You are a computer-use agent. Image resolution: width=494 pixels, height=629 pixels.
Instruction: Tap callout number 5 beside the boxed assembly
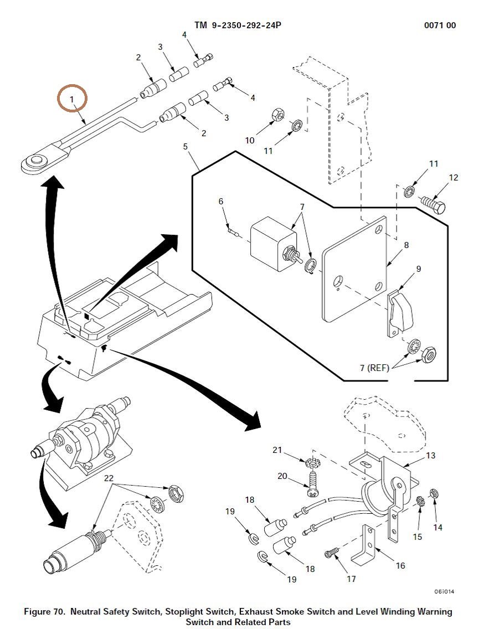(186, 147)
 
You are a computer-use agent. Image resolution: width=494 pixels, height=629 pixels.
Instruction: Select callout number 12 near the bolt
(454, 178)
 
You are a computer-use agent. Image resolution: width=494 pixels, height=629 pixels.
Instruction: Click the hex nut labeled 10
(278, 115)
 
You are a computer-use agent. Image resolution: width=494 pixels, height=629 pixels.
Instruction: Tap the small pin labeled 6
(234, 233)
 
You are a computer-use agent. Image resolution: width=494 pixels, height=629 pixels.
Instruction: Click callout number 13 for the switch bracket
(431, 455)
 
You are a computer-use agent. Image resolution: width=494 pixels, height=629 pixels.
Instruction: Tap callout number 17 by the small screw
(351, 579)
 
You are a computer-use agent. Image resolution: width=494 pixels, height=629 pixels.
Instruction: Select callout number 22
(109, 478)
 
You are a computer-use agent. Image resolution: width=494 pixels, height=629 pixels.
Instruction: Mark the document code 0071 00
(440, 25)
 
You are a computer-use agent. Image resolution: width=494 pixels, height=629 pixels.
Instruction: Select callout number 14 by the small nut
(438, 527)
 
